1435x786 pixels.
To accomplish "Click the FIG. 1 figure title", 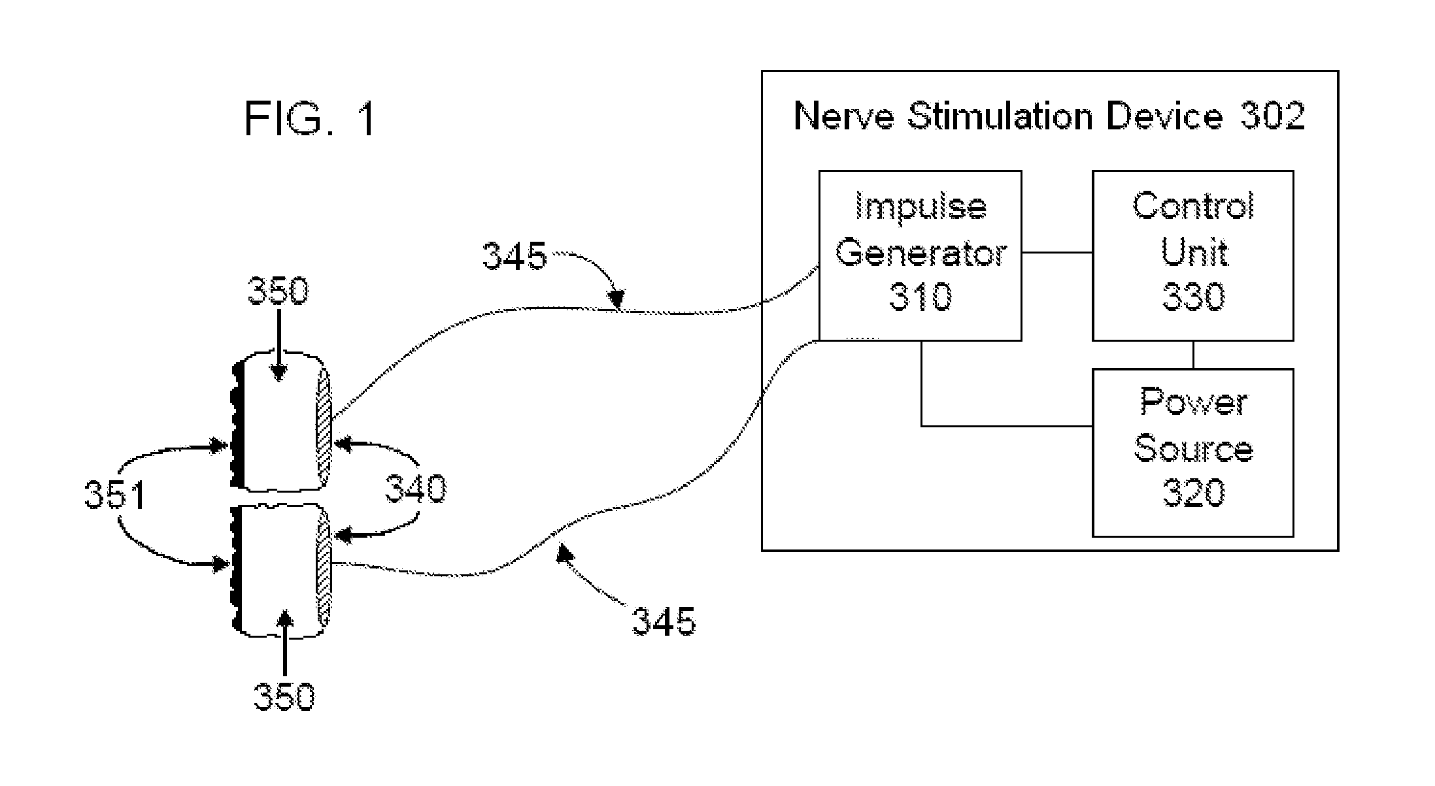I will [x=311, y=119].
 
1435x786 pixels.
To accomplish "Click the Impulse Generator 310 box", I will [x=920, y=255].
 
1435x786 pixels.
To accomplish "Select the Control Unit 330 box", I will [x=1192, y=255].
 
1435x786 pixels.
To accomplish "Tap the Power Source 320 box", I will [x=1192, y=452].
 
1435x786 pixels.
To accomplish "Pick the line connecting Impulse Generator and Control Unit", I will [x=1056, y=252].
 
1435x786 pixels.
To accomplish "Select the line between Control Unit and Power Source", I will [x=1194, y=355].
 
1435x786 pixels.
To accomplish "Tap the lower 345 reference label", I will [x=664, y=620].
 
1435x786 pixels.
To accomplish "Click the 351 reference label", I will [x=114, y=495].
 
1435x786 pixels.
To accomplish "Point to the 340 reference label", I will [x=416, y=488].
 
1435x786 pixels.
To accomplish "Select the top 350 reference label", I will [x=277, y=291].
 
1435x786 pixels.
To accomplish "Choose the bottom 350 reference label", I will [x=284, y=696].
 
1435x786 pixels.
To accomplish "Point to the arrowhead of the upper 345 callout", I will [x=616, y=302].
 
